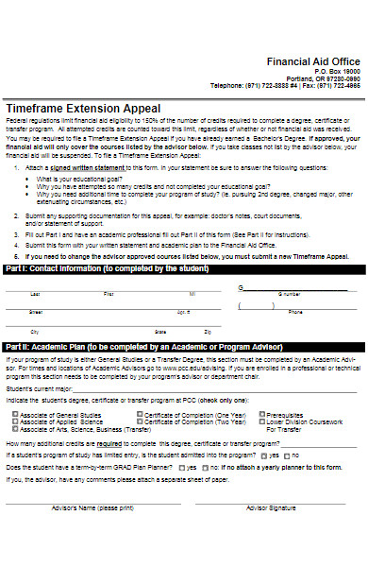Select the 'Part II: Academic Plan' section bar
click(x=132, y=347)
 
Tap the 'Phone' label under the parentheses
click(x=295, y=312)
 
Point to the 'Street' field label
click(x=36, y=312)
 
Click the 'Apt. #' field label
click(x=182, y=312)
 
